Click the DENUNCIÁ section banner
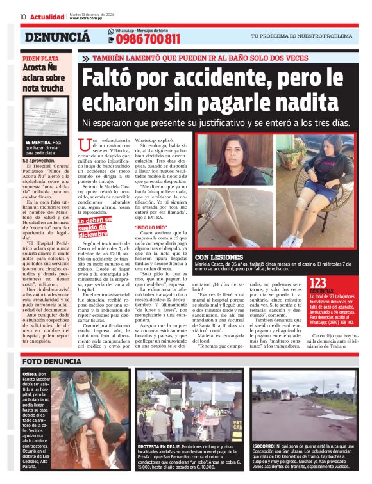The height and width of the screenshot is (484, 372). click(x=57, y=37)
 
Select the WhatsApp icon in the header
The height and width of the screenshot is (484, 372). click(x=111, y=31)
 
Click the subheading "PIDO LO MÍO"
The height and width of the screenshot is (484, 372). click(x=152, y=227)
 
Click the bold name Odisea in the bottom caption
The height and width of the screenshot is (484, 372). click(x=30, y=373)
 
